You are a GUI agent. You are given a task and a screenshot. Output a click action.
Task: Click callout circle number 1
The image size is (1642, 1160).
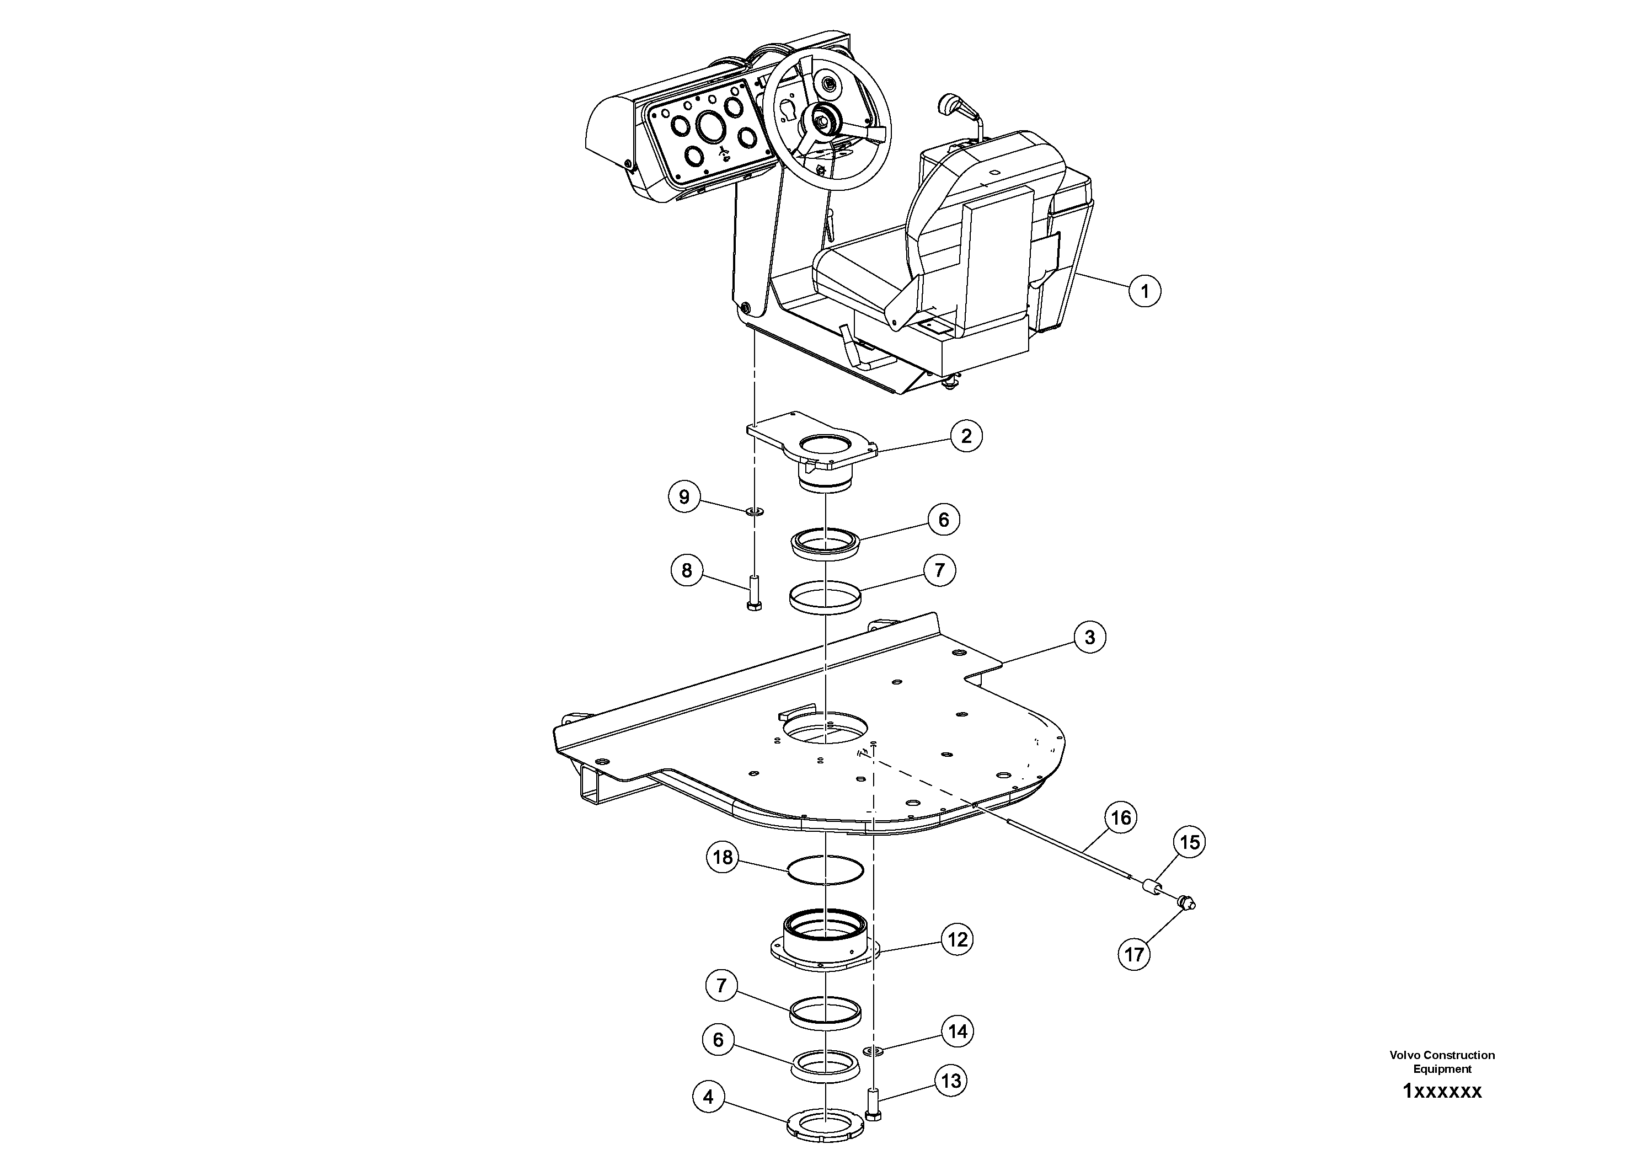[1144, 291]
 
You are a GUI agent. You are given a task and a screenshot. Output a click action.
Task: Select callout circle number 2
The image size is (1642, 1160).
[966, 436]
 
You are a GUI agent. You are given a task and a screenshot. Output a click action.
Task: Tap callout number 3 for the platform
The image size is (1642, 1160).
[1089, 637]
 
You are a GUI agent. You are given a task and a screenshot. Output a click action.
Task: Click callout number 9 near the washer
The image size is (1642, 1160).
[684, 496]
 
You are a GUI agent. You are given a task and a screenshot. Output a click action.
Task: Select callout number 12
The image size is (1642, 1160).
[958, 939]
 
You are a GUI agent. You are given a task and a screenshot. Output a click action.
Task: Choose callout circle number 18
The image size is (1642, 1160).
[723, 857]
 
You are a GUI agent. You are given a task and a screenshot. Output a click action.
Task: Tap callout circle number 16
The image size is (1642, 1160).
[1121, 817]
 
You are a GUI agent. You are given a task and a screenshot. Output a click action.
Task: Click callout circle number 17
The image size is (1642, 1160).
[1134, 954]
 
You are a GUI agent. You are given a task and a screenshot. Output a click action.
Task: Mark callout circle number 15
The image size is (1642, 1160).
[1189, 842]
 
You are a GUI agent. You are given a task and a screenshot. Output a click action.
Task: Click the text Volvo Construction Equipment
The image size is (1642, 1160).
[1442, 1062]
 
